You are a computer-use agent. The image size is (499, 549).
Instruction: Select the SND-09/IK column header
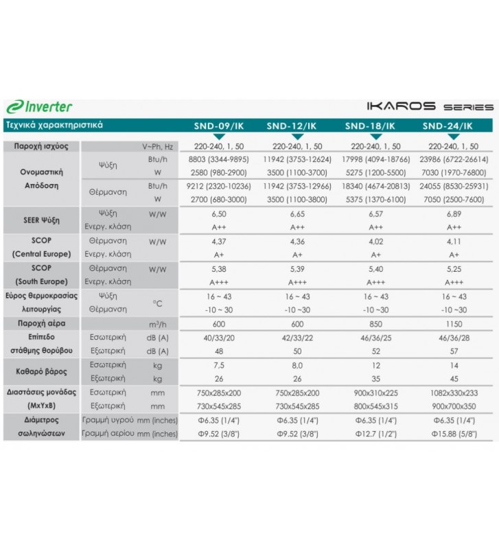coord(218,126)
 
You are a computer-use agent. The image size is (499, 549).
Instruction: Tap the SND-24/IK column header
coord(447,126)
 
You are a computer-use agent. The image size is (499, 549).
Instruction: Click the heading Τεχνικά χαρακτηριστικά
coord(54,126)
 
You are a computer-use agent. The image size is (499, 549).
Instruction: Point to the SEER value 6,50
coord(218,214)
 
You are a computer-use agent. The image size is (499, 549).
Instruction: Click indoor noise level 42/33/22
coord(297,338)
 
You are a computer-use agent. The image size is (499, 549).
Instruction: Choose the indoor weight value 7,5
coord(218,365)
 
